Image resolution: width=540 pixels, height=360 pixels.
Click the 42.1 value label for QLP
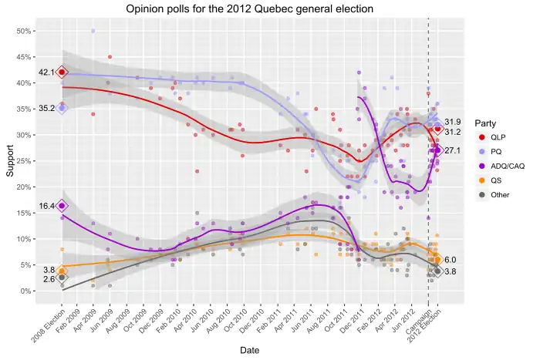coord(45,72)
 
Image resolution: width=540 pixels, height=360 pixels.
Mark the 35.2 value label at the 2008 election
coord(45,109)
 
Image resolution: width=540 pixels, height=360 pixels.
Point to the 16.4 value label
coord(45,207)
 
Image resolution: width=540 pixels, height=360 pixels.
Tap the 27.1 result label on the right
coord(453,150)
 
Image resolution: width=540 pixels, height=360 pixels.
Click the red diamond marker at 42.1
coord(62,72)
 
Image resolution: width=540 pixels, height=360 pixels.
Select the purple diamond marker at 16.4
coord(62,206)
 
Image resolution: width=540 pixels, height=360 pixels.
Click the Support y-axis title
coord(10,160)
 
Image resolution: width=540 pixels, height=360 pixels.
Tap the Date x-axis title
coord(249,350)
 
